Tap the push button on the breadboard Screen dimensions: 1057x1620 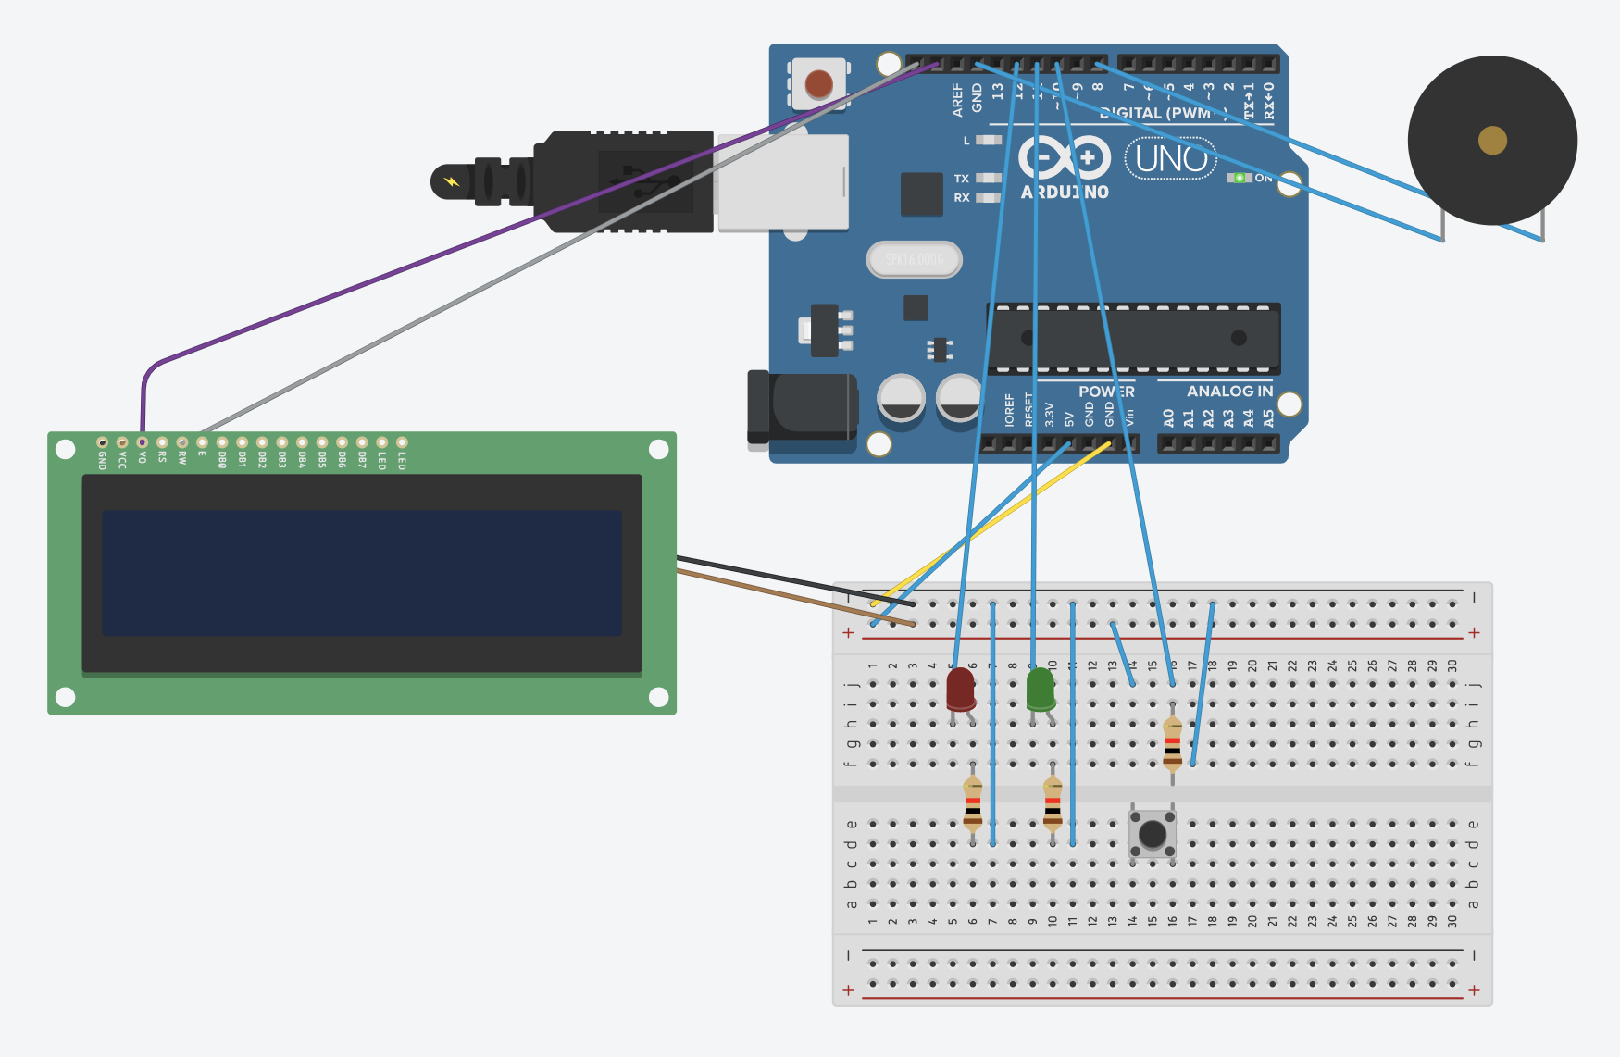(x=1153, y=833)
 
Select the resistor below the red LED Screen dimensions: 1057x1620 (x=972, y=802)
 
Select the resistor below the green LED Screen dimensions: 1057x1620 (x=1053, y=802)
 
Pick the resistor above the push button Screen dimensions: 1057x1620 (x=1172, y=743)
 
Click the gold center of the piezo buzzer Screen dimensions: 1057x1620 (x=1492, y=141)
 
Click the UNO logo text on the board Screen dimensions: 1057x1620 (x=1171, y=159)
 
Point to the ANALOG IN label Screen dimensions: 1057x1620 (x=1228, y=392)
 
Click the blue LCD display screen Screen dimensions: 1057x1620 (x=361, y=572)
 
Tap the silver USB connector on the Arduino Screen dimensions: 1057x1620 (x=783, y=182)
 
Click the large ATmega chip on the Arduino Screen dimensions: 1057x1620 (x=1134, y=338)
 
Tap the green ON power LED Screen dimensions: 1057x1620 (x=1239, y=178)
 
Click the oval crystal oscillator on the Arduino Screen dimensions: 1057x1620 (x=914, y=259)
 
